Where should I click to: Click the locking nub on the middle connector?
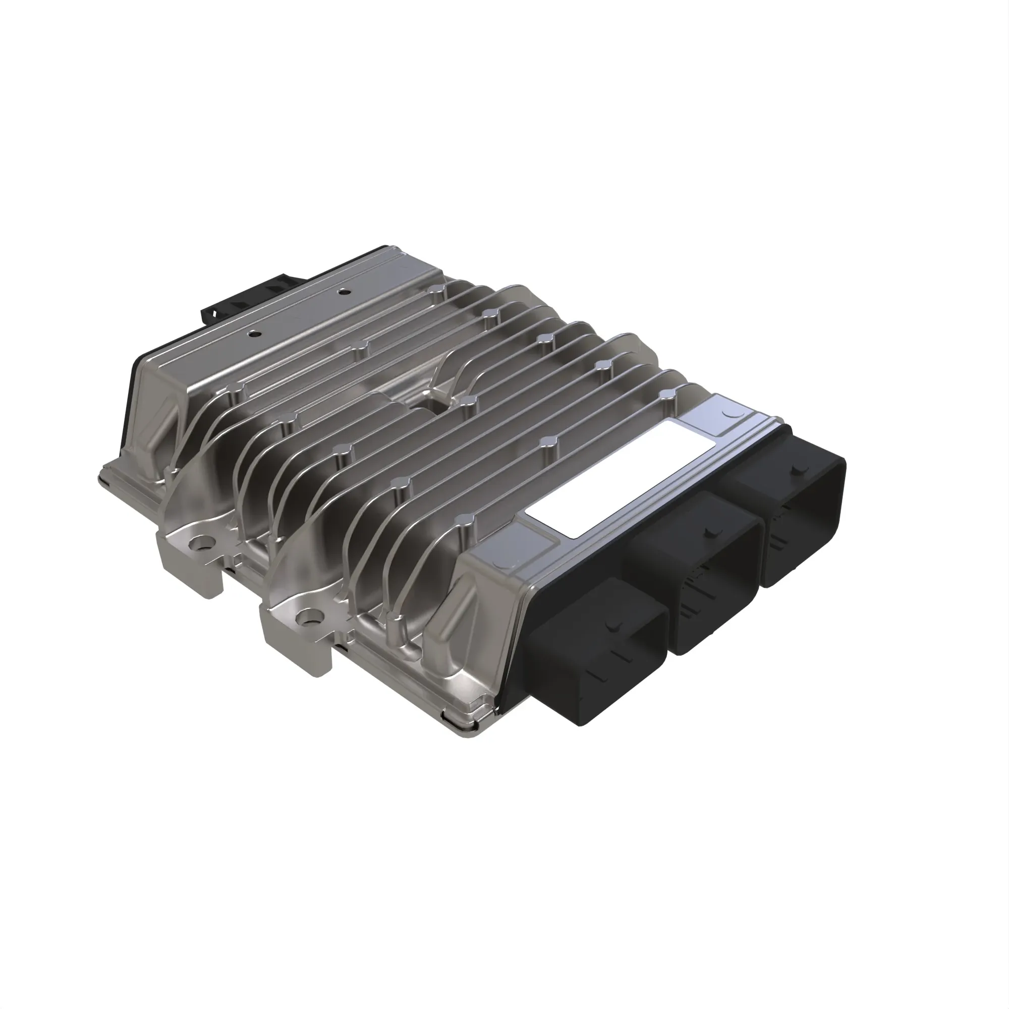tap(709, 533)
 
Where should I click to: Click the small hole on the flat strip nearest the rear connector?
tap(342, 291)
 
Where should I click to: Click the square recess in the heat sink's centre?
tap(431, 407)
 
